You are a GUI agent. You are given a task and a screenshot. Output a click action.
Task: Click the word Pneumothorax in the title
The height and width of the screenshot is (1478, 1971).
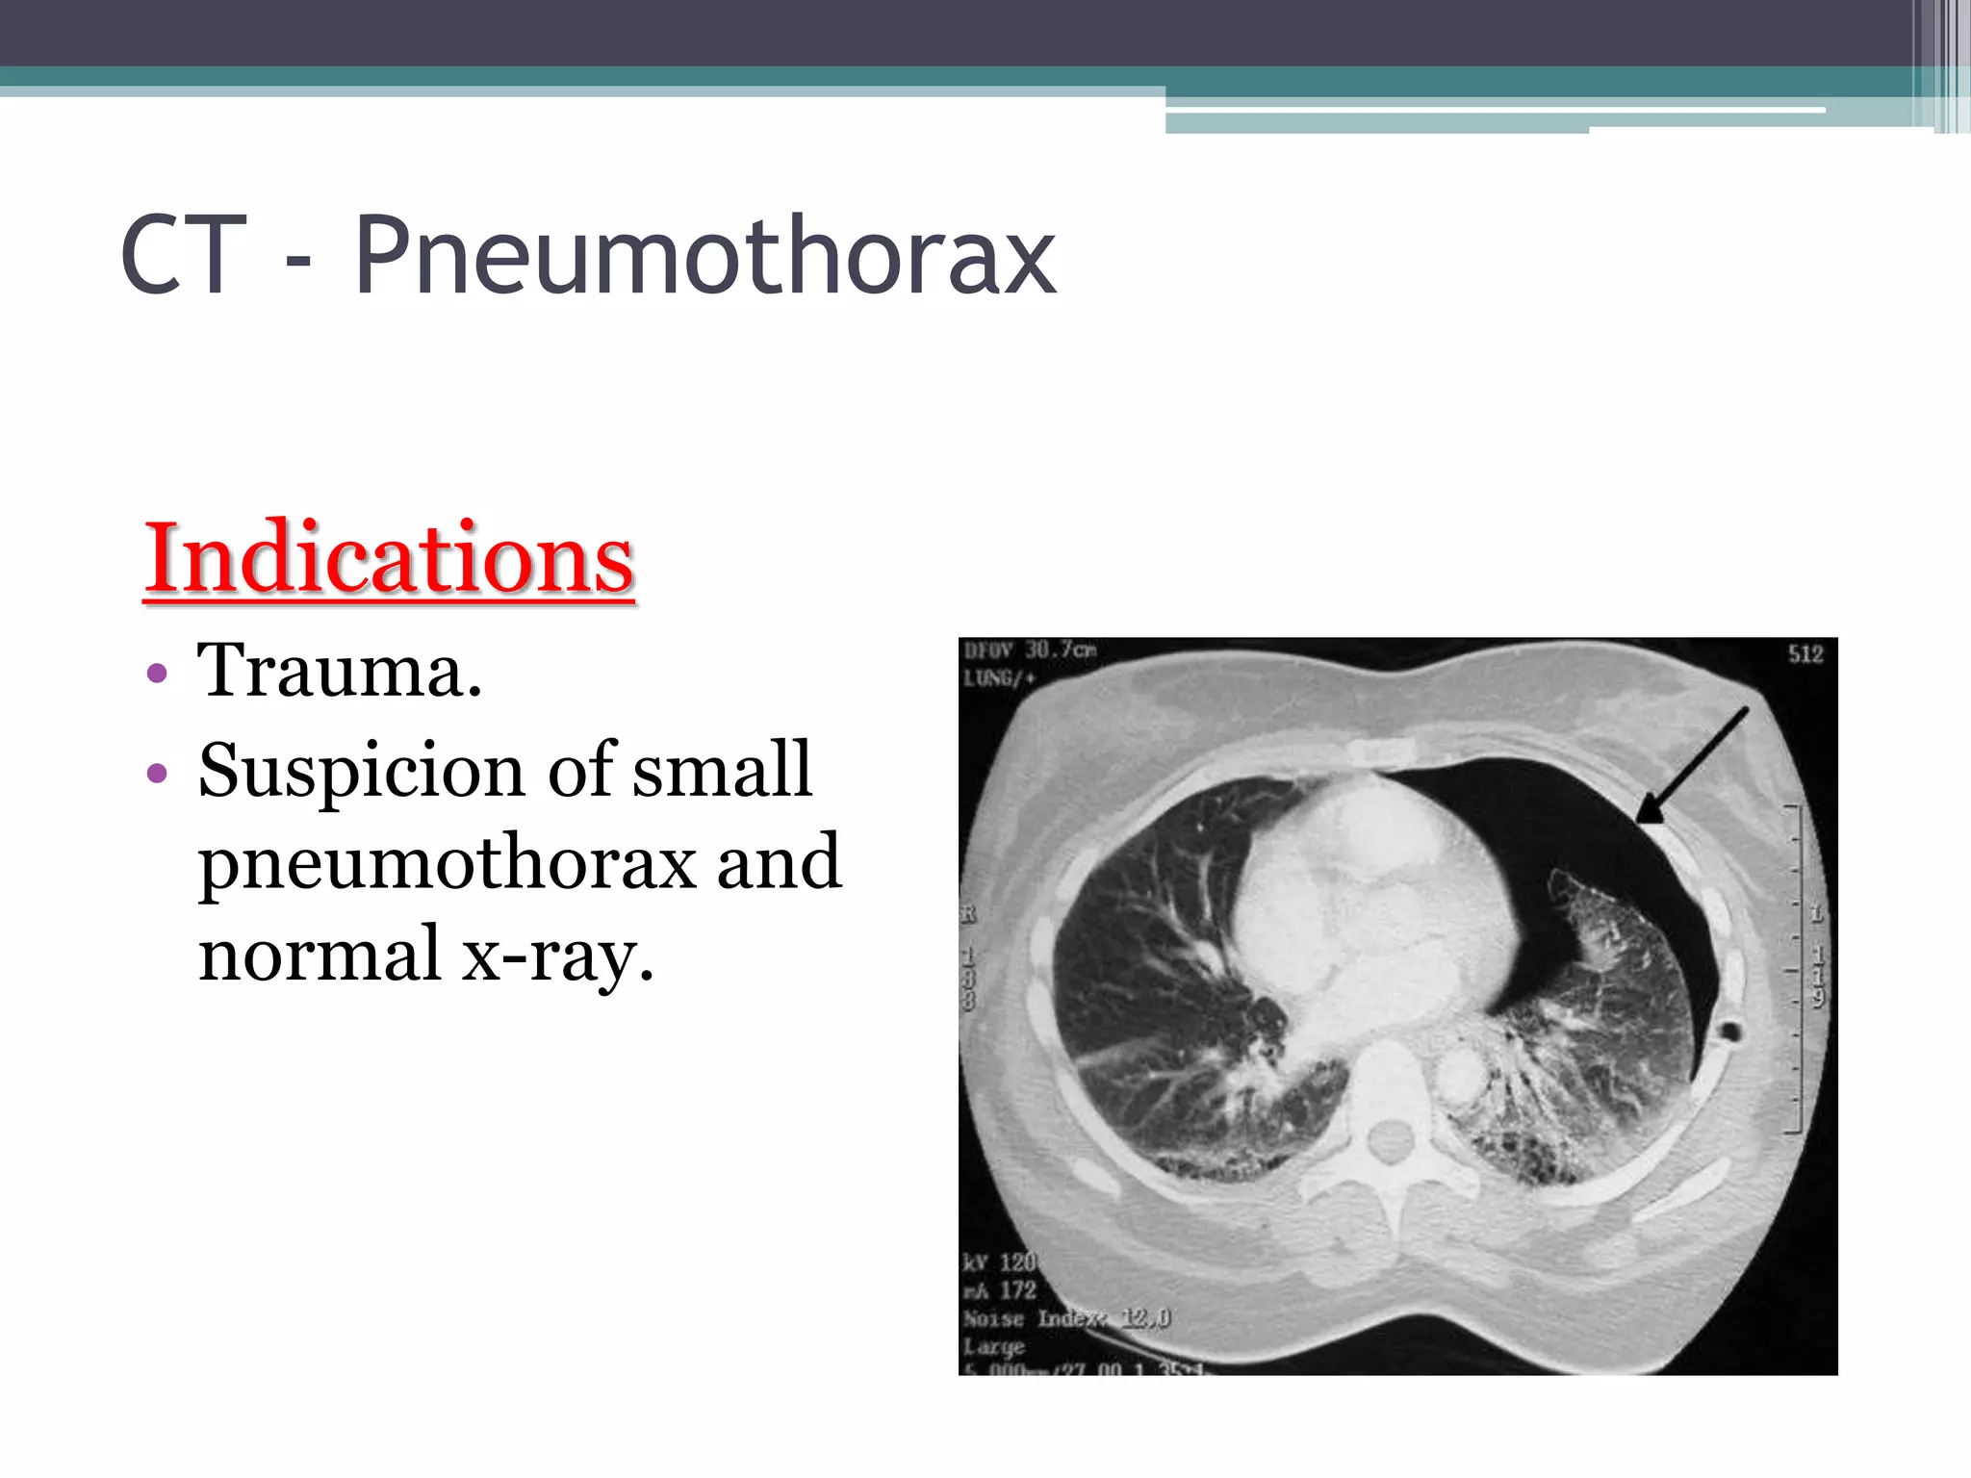(x=705, y=256)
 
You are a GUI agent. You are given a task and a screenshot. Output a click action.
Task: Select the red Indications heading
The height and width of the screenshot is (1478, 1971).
(x=389, y=558)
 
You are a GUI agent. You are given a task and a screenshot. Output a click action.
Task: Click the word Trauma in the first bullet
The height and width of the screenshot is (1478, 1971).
(x=339, y=671)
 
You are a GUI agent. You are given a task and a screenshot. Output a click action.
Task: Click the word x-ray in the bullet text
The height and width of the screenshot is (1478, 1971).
(x=558, y=955)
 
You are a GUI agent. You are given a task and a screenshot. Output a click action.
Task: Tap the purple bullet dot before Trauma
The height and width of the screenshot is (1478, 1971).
(x=158, y=673)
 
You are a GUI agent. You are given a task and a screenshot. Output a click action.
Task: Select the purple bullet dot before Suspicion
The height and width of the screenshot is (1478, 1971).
(x=158, y=773)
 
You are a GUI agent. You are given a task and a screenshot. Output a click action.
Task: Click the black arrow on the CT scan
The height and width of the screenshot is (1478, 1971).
(x=1692, y=766)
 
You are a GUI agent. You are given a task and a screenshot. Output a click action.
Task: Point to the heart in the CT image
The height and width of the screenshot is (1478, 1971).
(x=1367, y=895)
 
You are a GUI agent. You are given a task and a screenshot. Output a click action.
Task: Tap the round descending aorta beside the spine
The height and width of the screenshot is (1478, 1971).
(x=1460, y=1074)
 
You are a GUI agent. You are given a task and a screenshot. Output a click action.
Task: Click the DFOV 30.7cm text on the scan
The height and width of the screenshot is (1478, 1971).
(x=1030, y=650)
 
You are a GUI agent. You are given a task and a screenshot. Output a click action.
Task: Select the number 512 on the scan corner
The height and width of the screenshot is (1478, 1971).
(x=1805, y=655)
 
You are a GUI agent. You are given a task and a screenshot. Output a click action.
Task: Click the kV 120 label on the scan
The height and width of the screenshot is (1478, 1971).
(x=1000, y=1261)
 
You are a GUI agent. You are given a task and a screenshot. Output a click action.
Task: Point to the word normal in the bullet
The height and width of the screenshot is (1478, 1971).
(x=320, y=955)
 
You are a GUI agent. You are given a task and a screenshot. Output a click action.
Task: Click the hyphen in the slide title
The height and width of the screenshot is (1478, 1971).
(x=299, y=262)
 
